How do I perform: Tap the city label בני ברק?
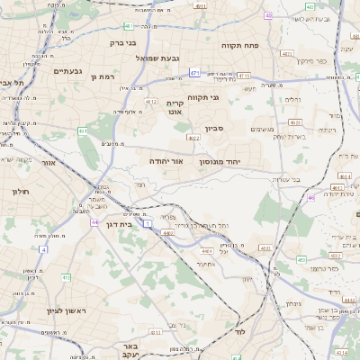(122, 41)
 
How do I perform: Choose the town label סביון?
(214, 129)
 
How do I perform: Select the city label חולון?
(22, 192)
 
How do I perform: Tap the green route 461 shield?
(82, 131)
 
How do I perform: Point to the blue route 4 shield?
(42, 248)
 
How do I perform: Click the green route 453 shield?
(66, 277)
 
